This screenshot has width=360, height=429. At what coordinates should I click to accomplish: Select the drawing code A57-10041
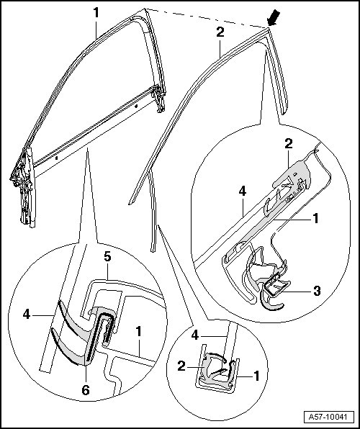click(328, 417)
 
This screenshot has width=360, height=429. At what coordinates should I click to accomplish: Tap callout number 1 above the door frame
click(96, 12)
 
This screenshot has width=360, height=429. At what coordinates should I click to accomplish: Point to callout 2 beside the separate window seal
click(220, 32)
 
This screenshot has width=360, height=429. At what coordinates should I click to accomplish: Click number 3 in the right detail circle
click(317, 291)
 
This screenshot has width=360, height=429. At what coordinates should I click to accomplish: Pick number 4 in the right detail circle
click(243, 191)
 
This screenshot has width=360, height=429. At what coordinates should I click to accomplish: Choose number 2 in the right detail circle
click(289, 143)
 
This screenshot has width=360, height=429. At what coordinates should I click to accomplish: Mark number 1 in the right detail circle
click(315, 218)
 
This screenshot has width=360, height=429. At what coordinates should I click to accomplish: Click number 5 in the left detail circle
click(107, 257)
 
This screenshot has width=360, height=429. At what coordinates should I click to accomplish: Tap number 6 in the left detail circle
click(86, 390)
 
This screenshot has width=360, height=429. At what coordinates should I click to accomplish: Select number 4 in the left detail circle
click(27, 314)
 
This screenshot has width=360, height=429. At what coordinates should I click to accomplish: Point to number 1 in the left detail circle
click(139, 332)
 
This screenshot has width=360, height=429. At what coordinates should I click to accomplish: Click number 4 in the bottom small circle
click(194, 335)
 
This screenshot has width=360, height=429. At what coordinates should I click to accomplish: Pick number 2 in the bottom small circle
click(181, 366)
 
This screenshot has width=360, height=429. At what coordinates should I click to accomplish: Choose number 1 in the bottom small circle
click(256, 376)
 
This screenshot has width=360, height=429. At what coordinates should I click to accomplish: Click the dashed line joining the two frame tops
click(206, 18)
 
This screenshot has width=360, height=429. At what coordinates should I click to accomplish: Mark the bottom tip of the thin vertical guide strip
click(153, 251)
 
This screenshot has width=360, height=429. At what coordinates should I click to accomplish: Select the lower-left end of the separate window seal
click(130, 204)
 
